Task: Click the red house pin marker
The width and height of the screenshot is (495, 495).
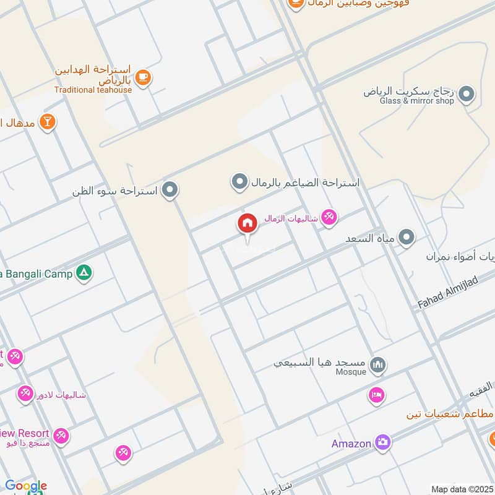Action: click(x=247, y=224)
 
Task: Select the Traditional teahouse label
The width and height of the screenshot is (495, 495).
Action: click(x=93, y=90)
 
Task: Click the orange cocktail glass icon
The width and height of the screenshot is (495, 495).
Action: click(x=47, y=122)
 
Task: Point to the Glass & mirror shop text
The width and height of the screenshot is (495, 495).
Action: click(x=416, y=101)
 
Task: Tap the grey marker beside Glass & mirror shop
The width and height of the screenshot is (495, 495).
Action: click(x=467, y=95)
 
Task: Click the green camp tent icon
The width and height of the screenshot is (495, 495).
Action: click(x=84, y=273)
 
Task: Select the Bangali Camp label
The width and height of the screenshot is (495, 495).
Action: click(x=37, y=273)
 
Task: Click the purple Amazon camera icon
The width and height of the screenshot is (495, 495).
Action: click(x=383, y=442)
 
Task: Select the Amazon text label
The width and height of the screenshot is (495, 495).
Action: click(x=351, y=443)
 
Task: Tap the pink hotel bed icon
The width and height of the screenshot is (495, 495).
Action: click(x=376, y=395)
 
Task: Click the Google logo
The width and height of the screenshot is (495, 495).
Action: click(x=25, y=486)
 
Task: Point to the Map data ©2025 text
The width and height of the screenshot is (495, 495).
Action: click(x=462, y=489)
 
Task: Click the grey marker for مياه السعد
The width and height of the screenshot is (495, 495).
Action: click(x=406, y=237)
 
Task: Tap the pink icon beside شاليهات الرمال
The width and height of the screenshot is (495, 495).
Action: click(x=329, y=217)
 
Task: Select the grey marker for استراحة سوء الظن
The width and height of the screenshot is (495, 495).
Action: click(x=170, y=190)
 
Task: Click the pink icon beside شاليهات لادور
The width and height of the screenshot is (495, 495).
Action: click(x=25, y=394)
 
